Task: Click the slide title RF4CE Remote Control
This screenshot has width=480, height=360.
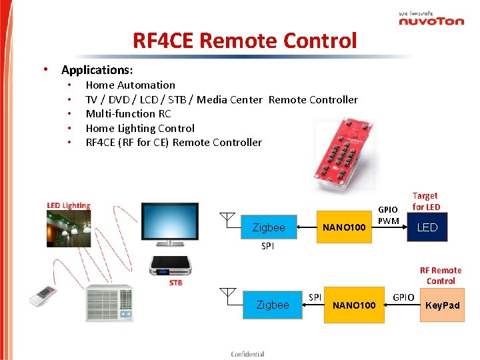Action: click(245, 41)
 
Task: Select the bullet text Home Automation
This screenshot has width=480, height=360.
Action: click(130, 85)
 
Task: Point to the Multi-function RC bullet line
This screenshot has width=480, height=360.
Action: click(128, 113)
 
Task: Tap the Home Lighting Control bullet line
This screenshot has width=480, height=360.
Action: click(140, 128)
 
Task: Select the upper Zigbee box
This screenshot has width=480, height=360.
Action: click(269, 227)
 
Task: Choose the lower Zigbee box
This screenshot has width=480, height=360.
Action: click(273, 305)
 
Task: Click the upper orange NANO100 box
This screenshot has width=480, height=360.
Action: click(344, 227)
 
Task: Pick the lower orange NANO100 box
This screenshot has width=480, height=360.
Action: click(354, 305)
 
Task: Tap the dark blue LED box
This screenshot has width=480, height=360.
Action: click(427, 227)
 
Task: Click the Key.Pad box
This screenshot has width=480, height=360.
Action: click(443, 305)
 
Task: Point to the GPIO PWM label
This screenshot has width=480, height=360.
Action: click(388, 215)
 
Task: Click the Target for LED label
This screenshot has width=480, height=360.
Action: click(425, 201)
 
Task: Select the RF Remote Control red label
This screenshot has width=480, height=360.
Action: click(441, 275)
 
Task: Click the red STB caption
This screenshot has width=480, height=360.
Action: click(175, 283)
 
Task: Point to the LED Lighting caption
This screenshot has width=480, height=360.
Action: click(69, 205)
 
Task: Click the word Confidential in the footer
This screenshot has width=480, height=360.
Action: click(247, 354)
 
